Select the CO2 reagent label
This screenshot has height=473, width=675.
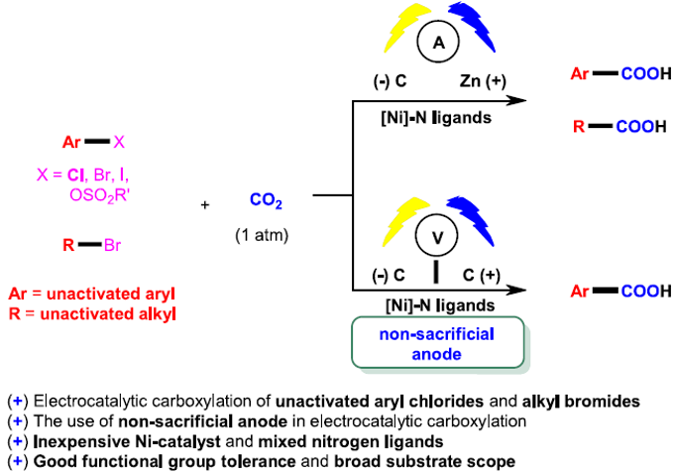click(266, 202)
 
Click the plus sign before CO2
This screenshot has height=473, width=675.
click(205, 204)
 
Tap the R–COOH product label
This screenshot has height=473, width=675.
click(608, 127)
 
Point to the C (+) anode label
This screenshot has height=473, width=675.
click(481, 273)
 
